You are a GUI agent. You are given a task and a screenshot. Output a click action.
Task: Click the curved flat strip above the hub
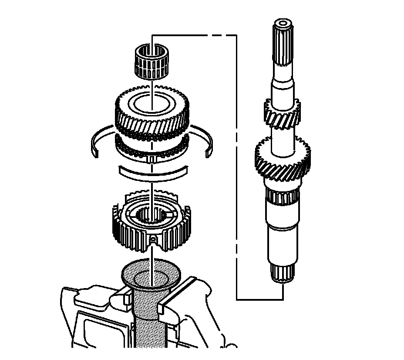pos(152,173)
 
